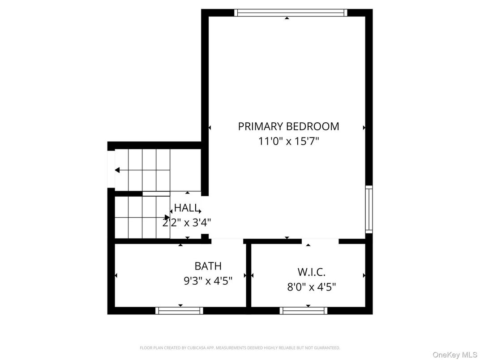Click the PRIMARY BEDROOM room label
(288, 126)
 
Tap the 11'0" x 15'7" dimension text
(288, 141)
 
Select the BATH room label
(208, 266)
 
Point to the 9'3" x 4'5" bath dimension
(208, 281)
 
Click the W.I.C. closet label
(311, 272)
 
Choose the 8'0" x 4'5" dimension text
(311, 287)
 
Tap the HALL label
(186, 208)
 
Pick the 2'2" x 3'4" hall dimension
(186, 222)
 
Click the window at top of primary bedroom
(291, 13)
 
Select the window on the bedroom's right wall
(369, 209)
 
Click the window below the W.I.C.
(304, 310)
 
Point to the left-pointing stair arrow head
(117, 170)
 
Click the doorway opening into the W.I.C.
(320, 241)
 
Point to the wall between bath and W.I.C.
(249, 275)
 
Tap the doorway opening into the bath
(227, 241)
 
